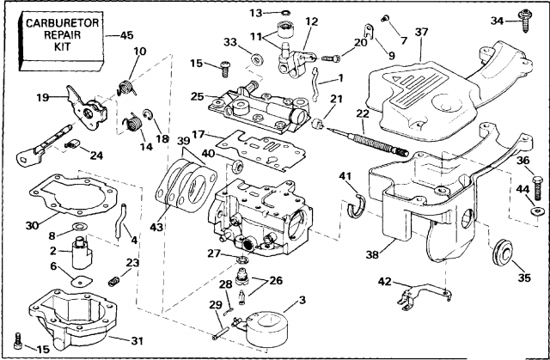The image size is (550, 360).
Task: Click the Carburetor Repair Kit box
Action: pyautogui.click(x=57, y=39)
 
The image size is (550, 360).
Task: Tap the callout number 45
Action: pyautogui.click(x=125, y=35)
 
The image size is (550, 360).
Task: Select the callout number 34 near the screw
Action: pyautogui.click(x=498, y=20)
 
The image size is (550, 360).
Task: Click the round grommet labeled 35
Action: pyautogui.click(x=502, y=252)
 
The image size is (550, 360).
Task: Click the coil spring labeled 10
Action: pyautogui.click(x=126, y=84)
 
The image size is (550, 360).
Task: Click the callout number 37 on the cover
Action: pyautogui.click(x=420, y=33)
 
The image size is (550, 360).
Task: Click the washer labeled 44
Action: pyautogui.click(x=537, y=210)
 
